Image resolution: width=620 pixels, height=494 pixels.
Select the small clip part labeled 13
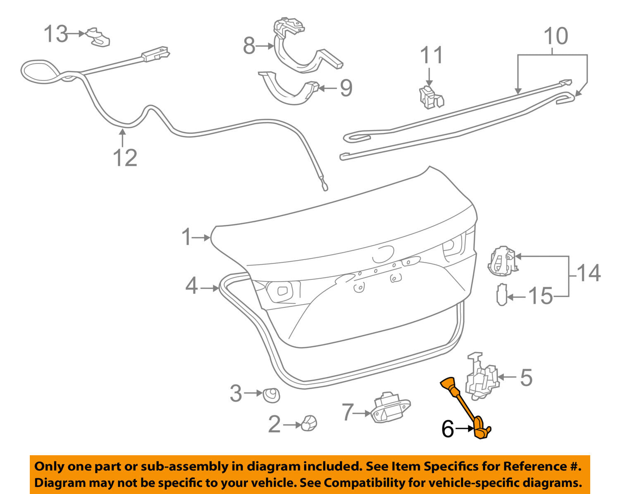[x=98, y=38]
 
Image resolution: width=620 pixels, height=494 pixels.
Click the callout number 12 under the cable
[x=125, y=158]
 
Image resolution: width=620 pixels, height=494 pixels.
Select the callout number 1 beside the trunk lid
[x=187, y=237]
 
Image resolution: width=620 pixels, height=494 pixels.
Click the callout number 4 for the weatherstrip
[x=191, y=286]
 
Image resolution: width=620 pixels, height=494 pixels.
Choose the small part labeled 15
[x=501, y=295]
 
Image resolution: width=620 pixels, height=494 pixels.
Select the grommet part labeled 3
[x=272, y=395]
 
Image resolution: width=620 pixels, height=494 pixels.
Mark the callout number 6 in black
[x=448, y=429]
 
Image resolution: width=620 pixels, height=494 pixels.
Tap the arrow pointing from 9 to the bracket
[x=329, y=88]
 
